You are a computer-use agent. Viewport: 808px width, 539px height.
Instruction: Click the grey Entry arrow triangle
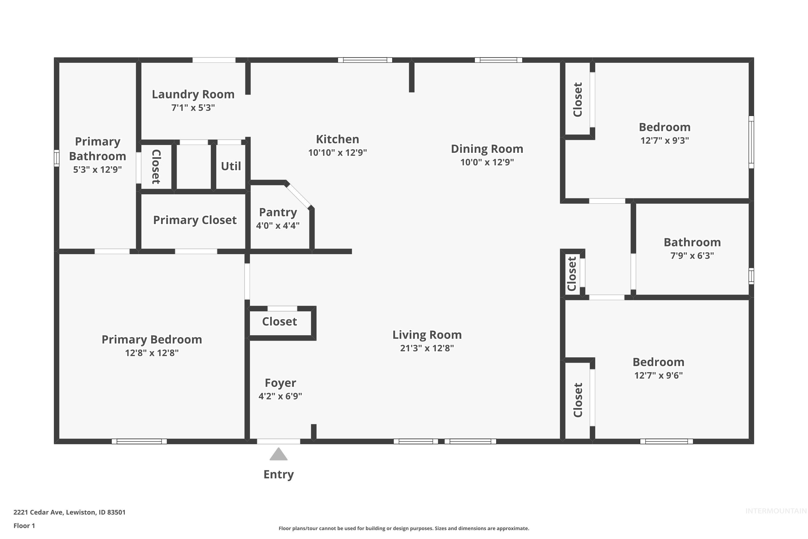click(278, 455)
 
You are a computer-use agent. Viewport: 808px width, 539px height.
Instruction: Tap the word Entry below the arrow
click(278, 474)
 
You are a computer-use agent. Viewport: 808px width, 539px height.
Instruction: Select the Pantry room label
click(278, 212)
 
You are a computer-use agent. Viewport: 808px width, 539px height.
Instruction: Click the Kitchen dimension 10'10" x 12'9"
click(337, 153)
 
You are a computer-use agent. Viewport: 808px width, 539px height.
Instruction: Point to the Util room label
click(231, 166)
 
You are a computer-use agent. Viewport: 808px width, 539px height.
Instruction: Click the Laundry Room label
click(193, 94)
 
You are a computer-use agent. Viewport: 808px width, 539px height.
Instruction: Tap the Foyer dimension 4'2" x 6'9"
click(280, 396)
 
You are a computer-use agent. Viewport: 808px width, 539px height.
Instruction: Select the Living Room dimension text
click(427, 348)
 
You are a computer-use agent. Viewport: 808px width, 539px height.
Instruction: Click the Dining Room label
click(487, 149)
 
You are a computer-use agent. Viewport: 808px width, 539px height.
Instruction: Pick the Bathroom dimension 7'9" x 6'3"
click(692, 255)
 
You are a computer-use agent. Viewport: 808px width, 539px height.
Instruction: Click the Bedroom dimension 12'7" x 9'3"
click(664, 140)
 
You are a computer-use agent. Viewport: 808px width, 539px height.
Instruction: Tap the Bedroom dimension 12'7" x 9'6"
click(658, 375)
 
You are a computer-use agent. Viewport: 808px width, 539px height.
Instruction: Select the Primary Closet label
click(195, 220)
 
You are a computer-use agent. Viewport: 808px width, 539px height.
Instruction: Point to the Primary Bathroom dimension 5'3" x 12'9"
click(97, 170)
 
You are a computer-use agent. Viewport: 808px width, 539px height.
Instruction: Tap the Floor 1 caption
click(24, 526)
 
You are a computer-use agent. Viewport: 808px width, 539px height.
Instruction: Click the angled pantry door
click(298, 196)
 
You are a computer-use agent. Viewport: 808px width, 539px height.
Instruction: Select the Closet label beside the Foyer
click(279, 322)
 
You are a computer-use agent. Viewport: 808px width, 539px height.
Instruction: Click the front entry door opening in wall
click(278, 441)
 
